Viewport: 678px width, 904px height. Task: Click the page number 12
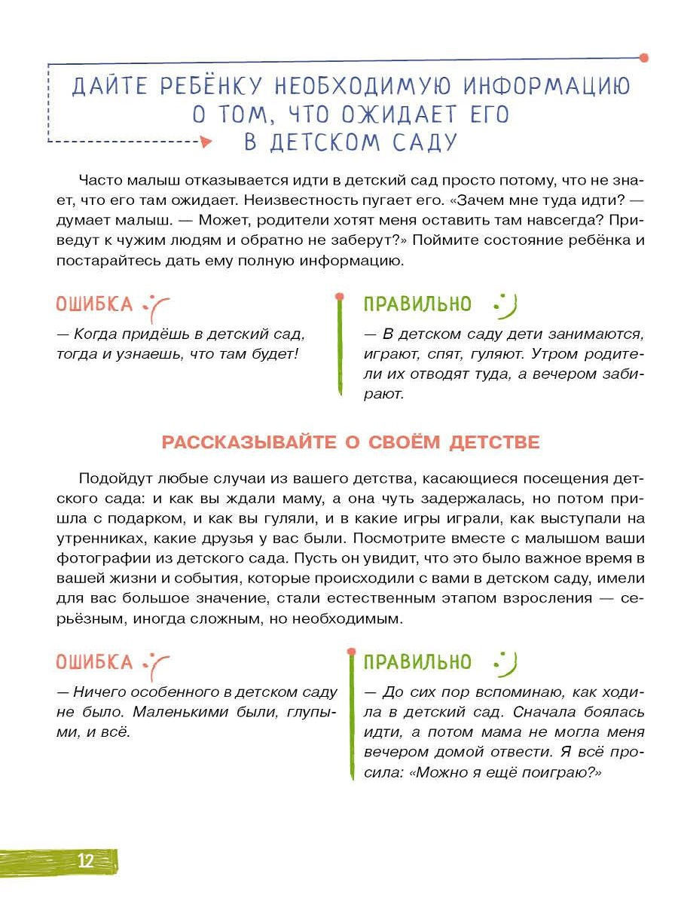pos(85,861)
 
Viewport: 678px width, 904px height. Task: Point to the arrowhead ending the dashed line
pos(206,141)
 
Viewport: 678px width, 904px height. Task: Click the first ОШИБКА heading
pos(94,304)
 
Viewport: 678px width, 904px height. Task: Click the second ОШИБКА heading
pos(94,662)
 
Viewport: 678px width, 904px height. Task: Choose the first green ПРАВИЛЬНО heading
pos(417,304)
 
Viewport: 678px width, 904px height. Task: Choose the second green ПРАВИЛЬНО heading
pos(417,662)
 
